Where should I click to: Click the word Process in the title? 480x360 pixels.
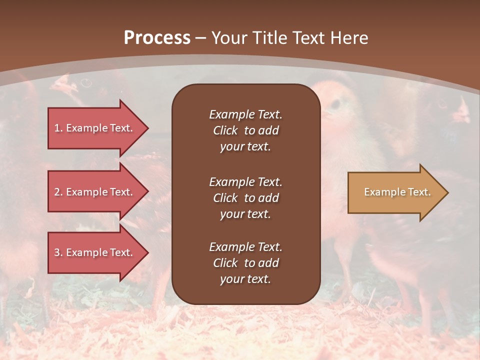[x=157, y=38]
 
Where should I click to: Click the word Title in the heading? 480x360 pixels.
[x=270, y=38]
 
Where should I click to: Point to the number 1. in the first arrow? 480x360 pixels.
[x=58, y=128]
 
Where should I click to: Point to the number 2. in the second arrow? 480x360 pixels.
[x=58, y=192]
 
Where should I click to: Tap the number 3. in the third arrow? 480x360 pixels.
[x=58, y=252]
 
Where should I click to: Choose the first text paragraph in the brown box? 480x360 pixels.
[x=245, y=130]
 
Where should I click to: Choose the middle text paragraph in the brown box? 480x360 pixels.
[x=245, y=198]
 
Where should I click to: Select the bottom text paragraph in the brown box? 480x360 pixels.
[x=245, y=263]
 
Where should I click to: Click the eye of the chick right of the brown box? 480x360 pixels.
[x=335, y=103]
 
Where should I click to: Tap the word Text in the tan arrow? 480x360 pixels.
[x=419, y=192]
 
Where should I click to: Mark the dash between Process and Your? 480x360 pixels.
[x=200, y=38]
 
